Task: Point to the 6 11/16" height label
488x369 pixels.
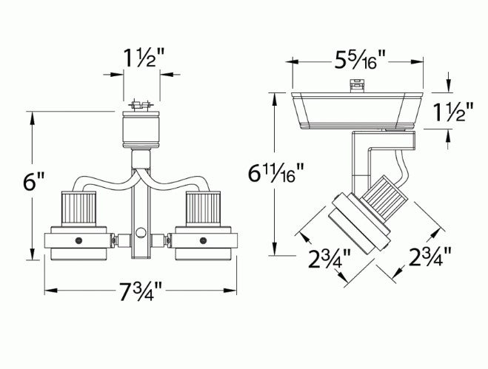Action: tap(275, 174)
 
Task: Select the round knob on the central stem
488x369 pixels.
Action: tap(140, 234)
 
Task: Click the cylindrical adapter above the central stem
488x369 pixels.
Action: tap(140, 129)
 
